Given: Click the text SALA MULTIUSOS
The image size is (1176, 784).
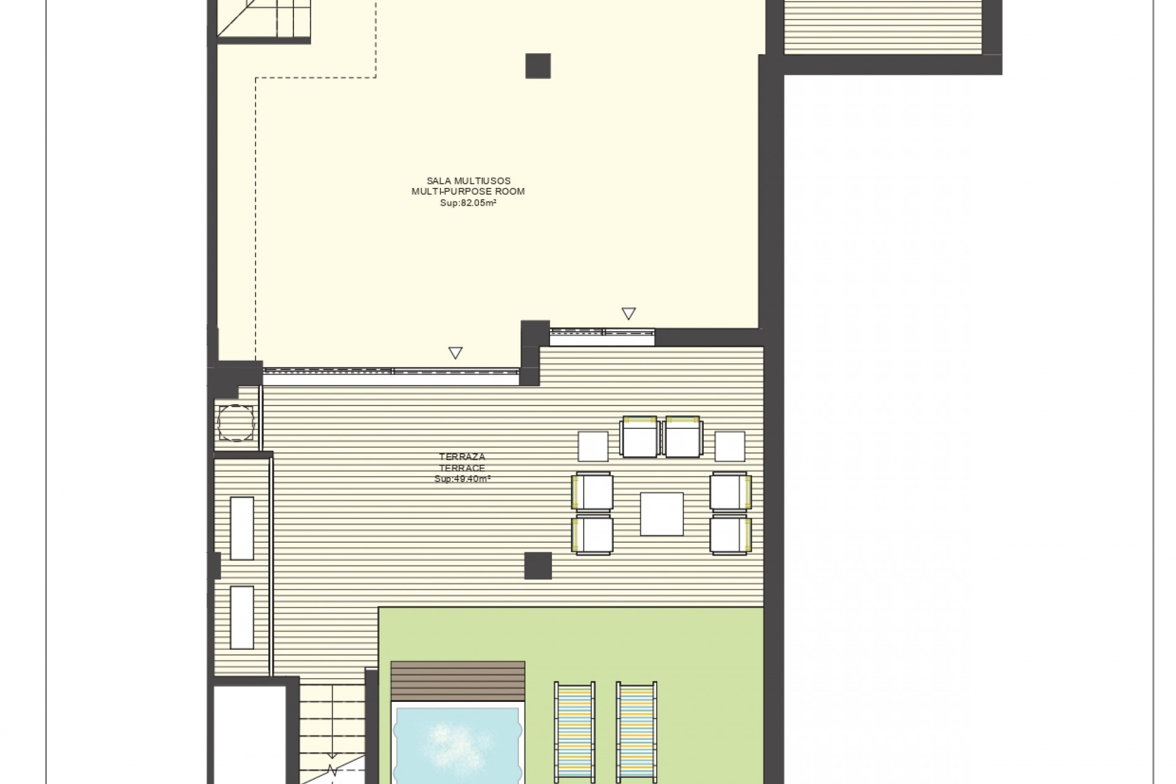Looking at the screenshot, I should tap(469, 181).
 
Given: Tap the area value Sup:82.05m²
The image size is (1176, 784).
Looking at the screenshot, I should tap(469, 203).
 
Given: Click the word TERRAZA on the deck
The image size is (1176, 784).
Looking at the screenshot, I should tap(462, 457).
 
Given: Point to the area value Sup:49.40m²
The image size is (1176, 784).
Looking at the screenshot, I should tap(462, 479).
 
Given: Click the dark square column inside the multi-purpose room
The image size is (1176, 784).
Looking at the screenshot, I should tap(538, 66).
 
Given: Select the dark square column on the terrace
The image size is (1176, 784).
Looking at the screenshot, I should tap(538, 565).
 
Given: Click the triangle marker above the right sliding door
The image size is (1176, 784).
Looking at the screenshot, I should tap(628, 314).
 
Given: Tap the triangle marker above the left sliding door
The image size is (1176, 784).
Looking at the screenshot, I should tap(455, 353).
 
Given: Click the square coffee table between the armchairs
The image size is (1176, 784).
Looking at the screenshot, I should tap(661, 514).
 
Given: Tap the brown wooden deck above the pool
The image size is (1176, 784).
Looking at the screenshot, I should tap(458, 681).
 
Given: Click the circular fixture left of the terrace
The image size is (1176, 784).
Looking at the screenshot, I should tap(236, 423).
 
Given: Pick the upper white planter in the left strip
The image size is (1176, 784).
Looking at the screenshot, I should tap(242, 528).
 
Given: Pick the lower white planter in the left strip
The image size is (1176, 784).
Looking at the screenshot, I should tap(242, 617).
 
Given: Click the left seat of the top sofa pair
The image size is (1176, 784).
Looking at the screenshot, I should tap(639, 437).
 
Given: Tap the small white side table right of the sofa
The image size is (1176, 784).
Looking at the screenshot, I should tap(730, 446).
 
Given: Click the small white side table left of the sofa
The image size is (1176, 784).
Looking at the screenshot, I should tap(593, 446).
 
